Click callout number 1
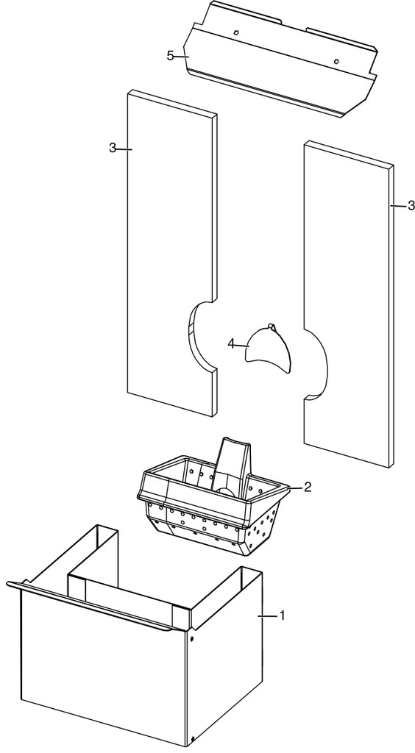(283, 615)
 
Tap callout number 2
(308, 487)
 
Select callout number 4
(231, 344)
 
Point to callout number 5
(171, 56)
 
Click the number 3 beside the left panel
(113, 148)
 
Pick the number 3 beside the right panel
(411, 206)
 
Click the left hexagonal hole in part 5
(236, 32)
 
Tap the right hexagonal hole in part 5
(337, 61)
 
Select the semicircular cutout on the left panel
(192, 336)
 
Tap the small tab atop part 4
(272, 326)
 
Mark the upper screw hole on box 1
(192, 640)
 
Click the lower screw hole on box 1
(192, 738)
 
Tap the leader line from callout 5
(182, 57)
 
